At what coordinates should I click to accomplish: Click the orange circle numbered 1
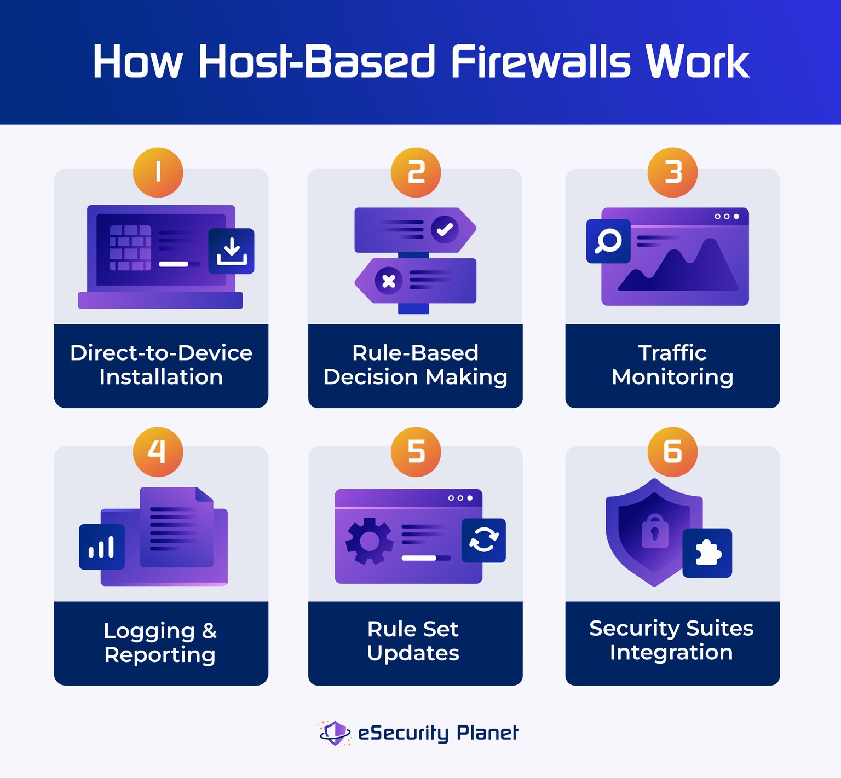pos(158,173)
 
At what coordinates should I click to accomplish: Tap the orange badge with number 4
pos(158,452)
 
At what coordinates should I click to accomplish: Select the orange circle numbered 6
pos(672,452)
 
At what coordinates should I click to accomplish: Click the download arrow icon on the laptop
pos(232,251)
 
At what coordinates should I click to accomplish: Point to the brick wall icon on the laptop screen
pos(130,248)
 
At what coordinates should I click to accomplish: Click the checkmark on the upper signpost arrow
pos(445,229)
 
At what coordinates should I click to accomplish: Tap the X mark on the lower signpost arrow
pos(389,281)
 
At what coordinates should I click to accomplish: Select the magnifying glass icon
pos(608,241)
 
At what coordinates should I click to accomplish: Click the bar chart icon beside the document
pos(102,547)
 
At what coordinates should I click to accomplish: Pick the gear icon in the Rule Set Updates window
pos(369,541)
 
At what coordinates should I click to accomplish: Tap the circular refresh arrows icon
pos(483,541)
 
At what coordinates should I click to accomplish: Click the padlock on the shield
pos(655,531)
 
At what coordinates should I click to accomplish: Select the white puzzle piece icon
pos(707,553)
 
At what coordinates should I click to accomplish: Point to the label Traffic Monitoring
pos(672,365)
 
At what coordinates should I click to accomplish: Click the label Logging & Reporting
pos(160,643)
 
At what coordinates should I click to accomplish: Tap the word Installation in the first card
pos(161,377)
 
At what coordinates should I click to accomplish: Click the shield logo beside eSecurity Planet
pos(335,733)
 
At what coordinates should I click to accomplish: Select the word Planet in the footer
pos(487,733)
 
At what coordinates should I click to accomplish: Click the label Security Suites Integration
pos(671,640)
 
